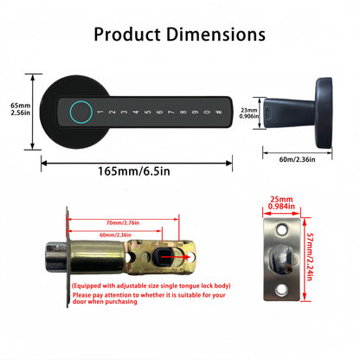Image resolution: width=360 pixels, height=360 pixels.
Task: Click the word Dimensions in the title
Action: click(215, 35)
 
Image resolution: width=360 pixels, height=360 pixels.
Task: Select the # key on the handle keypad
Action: click(218, 112)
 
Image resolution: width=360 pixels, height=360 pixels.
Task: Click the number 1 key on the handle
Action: click(101, 112)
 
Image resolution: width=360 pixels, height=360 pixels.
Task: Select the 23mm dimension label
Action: click(249, 111)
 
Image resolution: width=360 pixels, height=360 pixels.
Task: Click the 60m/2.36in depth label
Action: click(299, 158)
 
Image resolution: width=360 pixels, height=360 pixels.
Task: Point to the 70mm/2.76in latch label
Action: click(125, 223)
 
